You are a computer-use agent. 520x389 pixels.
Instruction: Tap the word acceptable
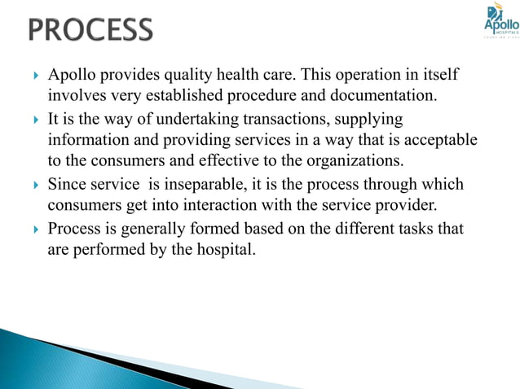tap(438, 140)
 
